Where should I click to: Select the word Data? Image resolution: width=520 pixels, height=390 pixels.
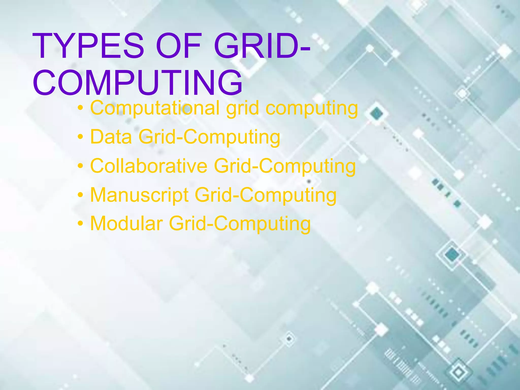(x=111, y=137)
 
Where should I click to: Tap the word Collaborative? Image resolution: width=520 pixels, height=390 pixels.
(x=149, y=166)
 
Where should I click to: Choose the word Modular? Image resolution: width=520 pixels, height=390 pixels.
(x=126, y=224)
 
